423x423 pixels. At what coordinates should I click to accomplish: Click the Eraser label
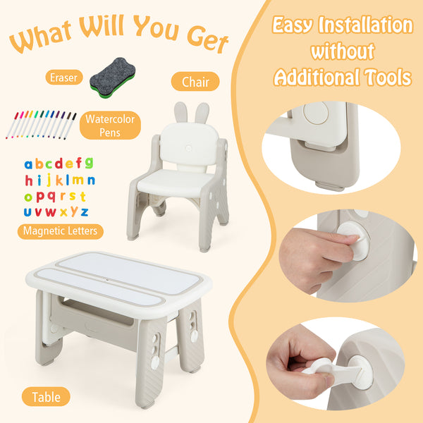pyautogui.click(x=64, y=78)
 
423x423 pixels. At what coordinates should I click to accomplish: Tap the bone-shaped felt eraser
pyautogui.click(x=113, y=78)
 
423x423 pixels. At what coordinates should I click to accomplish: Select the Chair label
pyautogui.click(x=195, y=82)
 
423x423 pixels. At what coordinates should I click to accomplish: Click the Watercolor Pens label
pyautogui.click(x=110, y=125)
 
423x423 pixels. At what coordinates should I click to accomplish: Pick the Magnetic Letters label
pyautogui.click(x=60, y=231)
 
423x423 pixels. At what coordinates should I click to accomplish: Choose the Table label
pyautogui.click(x=46, y=396)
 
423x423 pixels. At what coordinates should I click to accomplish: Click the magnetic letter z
pyautogui.click(x=85, y=212)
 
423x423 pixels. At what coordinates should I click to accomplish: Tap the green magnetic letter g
pyautogui.click(x=89, y=163)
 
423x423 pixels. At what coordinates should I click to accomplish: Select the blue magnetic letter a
pyautogui.click(x=28, y=164)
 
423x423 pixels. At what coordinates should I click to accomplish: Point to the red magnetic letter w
pyautogui.click(x=51, y=212)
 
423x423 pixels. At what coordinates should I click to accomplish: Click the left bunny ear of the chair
pyautogui.click(x=181, y=112)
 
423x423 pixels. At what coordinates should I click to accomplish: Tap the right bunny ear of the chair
pyautogui.click(x=202, y=113)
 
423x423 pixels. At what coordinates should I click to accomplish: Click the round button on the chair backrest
pyautogui.click(x=188, y=148)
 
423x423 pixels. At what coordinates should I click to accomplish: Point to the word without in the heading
pyautogui.click(x=343, y=51)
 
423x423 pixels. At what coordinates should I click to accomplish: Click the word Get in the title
pyautogui.click(x=207, y=40)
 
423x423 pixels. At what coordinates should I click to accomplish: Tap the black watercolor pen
pyautogui.click(x=70, y=126)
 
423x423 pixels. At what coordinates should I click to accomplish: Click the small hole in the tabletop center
pyautogui.click(x=107, y=280)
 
